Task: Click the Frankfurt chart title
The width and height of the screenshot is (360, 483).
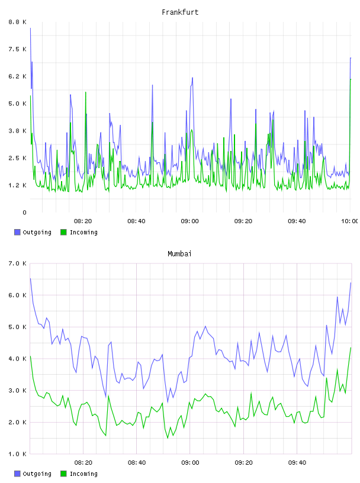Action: (180, 12)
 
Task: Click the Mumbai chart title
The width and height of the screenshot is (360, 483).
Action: (179, 254)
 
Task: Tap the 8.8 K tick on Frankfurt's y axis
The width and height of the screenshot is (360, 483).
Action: (18, 22)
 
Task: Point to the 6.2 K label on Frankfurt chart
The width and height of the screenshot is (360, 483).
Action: (18, 76)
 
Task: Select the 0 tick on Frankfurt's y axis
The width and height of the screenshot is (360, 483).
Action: (24, 212)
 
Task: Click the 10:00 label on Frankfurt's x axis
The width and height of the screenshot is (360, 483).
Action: (350, 221)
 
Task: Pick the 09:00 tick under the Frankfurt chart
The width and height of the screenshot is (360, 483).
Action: (190, 221)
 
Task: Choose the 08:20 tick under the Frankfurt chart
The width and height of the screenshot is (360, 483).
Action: (83, 221)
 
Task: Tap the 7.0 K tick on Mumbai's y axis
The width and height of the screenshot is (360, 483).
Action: (18, 263)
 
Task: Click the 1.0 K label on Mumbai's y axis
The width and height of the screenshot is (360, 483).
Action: (18, 454)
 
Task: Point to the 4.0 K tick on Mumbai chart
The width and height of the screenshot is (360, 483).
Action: (18, 359)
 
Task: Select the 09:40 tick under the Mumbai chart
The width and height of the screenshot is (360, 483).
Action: (297, 463)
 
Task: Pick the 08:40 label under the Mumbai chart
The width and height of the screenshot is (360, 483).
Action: (137, 463)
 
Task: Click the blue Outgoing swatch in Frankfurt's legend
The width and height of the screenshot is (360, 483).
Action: (17, 232)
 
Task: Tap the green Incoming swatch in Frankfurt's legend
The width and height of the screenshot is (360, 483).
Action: (63, 232)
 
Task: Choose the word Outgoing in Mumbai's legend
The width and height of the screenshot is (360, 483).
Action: (37, 474)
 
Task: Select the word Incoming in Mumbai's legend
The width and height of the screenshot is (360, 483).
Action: (83, 474)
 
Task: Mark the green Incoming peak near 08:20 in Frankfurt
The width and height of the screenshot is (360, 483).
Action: (86, 92)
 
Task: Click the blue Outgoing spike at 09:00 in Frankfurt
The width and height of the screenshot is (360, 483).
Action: (192, 78)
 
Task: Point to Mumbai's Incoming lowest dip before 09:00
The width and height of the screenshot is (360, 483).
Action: (168, 438)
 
